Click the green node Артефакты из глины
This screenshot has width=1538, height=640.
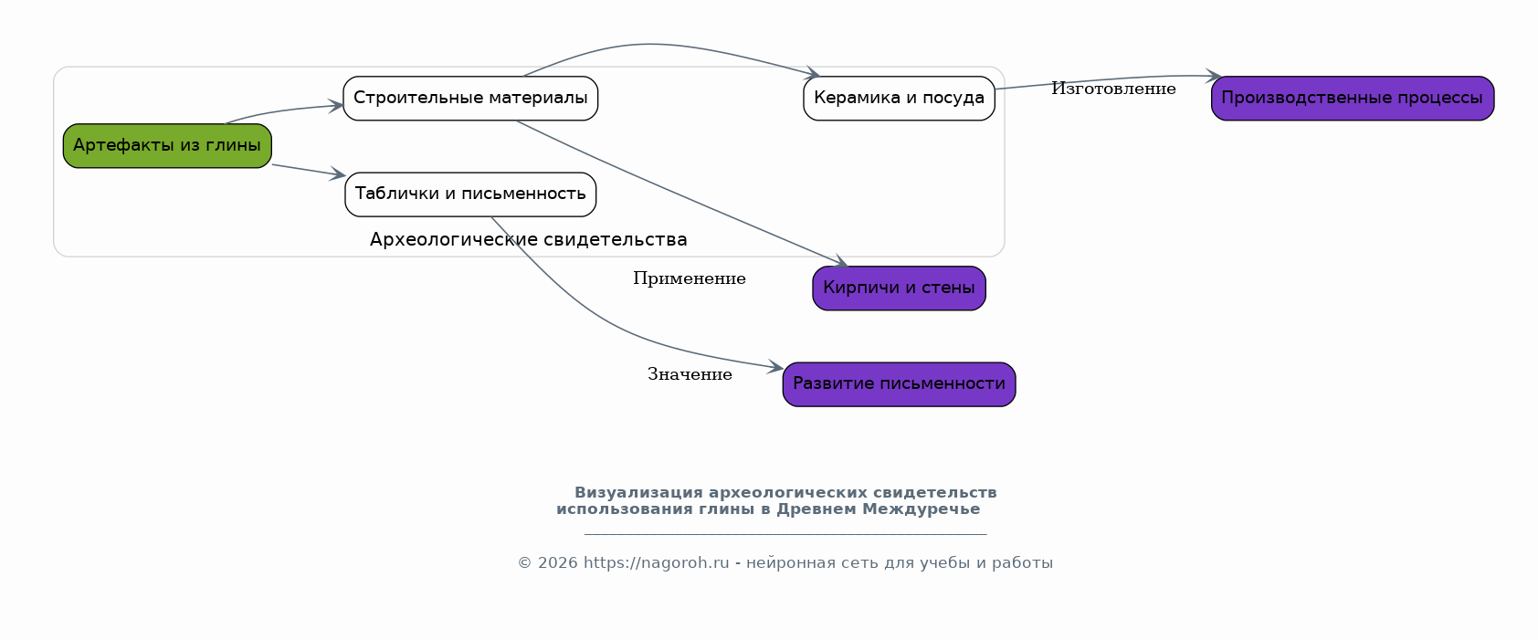pyautogui.click(x=167, y=145)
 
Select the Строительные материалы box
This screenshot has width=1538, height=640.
pyautogui.click(x=470, y=99)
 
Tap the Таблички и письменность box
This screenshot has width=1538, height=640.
pyautogui.click(x=470, y=194)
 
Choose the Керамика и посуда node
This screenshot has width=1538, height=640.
pyautogui.click(x=899, y=99)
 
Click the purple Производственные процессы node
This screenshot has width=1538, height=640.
pyautogui.click(x=1353, y=99)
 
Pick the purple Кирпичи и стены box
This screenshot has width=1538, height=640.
pyautogui.click(x=899, y=289)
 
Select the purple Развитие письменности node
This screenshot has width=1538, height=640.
pyautogui.click(x=899, y=384)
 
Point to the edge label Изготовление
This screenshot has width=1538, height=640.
pyautogui.click(x=1113, y=89)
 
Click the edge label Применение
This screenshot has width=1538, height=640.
pyautogui.click(x=690, y=278)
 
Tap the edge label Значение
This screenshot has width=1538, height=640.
pyautogui.click(x=690, y=374)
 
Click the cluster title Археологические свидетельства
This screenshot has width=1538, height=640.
pyautogui.click(x=529, y=239)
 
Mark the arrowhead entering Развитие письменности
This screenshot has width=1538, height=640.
pyautogui.click(x=776, y=367)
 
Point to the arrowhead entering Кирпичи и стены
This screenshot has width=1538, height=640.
pyautogui.click(x=841, y=260)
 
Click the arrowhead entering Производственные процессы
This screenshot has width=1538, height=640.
pyautogui.click(x=1214, y=76)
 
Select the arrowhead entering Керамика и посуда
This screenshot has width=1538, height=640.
pyautogui.click(x=813, y=73)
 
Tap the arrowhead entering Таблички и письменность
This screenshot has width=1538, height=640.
pyautogui.click(x=337, y=173)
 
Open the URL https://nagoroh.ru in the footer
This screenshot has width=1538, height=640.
pyautogui.click(x=657, y=563)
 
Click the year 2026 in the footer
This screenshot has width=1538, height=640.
pyautogui.click(x=557, y=563)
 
